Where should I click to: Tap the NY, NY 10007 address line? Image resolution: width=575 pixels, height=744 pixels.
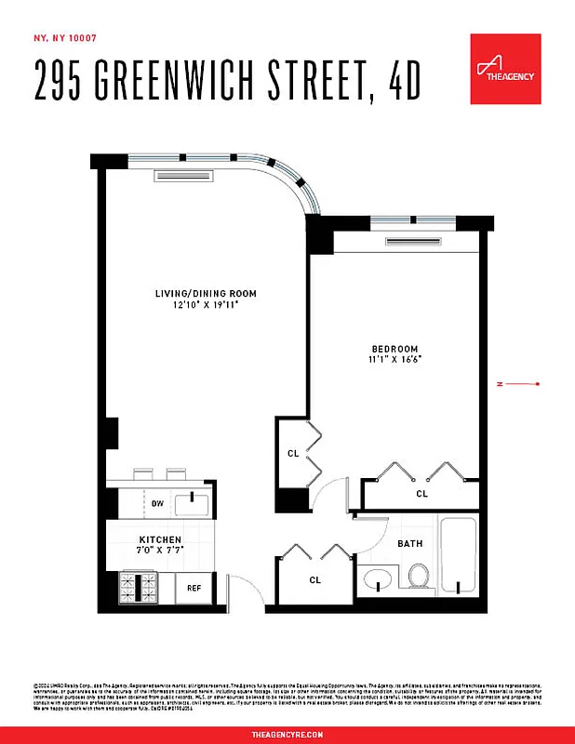(65, 38)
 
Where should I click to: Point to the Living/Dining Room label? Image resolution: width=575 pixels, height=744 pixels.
(206, 294)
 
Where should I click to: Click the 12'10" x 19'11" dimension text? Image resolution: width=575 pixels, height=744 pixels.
(206, 304)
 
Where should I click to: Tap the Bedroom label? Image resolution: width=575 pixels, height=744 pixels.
(395, 349)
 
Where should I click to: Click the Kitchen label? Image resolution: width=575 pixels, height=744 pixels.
(160, 539)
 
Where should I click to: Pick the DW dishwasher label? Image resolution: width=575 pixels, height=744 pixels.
(157, 504)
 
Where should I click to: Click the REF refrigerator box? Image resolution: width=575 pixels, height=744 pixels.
(194, 588)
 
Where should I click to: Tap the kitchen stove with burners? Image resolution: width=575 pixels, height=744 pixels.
(140, 587)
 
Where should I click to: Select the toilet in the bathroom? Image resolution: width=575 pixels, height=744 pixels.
(418, 576)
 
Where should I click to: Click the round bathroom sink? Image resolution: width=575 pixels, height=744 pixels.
(379, 581)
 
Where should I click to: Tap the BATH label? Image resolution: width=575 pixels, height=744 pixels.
(409, 543)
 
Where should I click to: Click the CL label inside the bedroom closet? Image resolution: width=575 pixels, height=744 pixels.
(421, 494)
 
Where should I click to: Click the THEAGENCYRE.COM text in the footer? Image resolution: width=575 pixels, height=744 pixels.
(287, 734)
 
